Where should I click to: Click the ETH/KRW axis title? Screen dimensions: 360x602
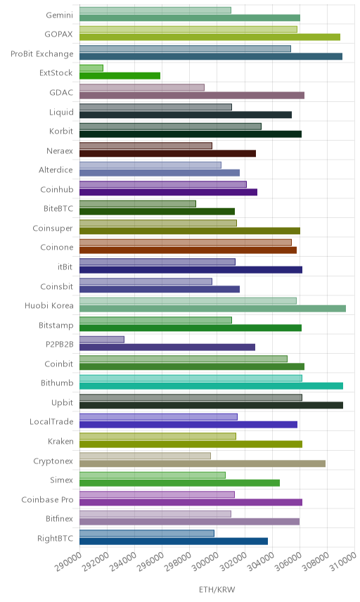[217, 590]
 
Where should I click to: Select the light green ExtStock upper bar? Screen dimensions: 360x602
[91, 68]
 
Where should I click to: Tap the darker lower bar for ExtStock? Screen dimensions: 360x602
[120, 76]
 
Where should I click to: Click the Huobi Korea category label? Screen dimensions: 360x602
[49, 306]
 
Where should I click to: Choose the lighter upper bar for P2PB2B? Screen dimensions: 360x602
[102, 340]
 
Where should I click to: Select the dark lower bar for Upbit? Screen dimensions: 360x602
[211, 405]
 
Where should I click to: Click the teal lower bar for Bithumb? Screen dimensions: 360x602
[211, 386]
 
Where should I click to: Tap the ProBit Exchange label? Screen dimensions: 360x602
[41, 53]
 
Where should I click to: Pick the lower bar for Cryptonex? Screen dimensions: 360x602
[202, 463]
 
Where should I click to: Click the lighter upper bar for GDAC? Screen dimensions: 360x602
[142, 87]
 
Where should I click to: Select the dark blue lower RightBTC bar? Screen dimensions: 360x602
[174, 541]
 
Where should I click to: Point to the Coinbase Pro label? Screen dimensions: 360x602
[47, 499]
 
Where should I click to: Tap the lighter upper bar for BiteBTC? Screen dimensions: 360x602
[138, 203]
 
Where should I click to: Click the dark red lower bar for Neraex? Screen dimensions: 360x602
[168, 153]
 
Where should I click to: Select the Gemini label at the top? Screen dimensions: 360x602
[59, 15]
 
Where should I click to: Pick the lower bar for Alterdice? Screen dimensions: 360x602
[160, 172]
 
